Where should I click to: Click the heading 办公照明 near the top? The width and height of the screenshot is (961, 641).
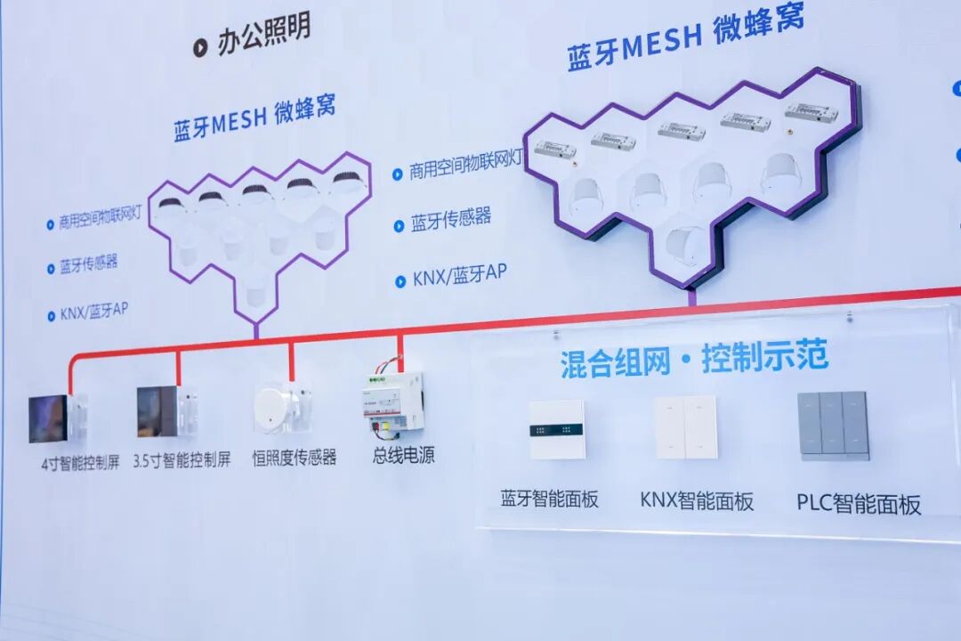264,35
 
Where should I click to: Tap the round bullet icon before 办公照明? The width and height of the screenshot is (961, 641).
200,48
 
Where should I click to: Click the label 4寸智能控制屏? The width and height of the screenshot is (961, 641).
80,463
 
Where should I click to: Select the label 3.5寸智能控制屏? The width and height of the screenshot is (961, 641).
182,460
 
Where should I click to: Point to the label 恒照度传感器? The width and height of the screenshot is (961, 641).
295,458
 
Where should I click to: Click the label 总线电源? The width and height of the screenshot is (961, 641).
404,455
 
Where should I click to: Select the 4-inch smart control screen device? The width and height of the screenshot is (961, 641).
54,418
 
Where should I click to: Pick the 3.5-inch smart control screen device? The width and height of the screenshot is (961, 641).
163,410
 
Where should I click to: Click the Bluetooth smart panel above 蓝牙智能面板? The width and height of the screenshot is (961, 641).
556,430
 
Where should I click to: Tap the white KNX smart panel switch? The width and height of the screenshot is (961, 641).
685,427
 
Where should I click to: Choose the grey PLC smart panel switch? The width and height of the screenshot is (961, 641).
832,426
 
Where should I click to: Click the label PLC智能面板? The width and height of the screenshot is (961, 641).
859,504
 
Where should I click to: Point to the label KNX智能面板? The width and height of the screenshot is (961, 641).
697,500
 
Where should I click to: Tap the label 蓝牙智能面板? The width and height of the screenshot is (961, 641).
549,498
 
